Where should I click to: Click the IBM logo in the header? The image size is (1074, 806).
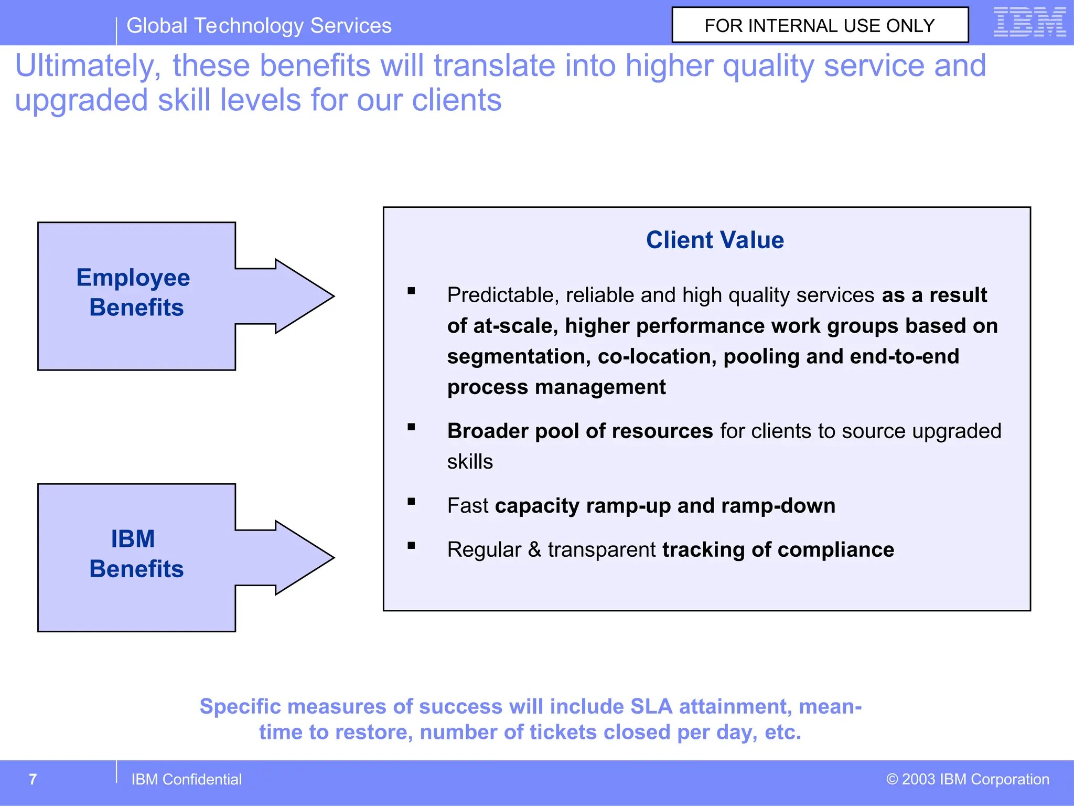tap(1029, 22)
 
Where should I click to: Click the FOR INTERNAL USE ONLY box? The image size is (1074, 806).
tap(820, 25)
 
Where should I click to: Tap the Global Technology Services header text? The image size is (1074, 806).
tap(259, 26)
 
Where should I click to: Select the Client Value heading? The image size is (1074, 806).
tap(715, 240)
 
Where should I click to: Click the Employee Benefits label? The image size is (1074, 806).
tap(134, 292)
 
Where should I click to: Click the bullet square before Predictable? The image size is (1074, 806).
tap(411, 291)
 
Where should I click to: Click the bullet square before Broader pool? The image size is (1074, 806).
tap(411, 427)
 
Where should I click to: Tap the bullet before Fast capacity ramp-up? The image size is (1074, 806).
tap(411, 502)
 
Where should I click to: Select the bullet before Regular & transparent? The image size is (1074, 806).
tap(411, 546)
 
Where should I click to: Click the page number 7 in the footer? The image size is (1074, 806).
tap(33, 779)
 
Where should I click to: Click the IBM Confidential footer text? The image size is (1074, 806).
tap(186, 779)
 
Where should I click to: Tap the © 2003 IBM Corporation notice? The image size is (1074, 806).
tap(968, 779)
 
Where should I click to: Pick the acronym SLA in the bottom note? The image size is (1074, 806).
tap(651, 707)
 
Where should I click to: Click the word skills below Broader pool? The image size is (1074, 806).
tap(470, 462)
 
